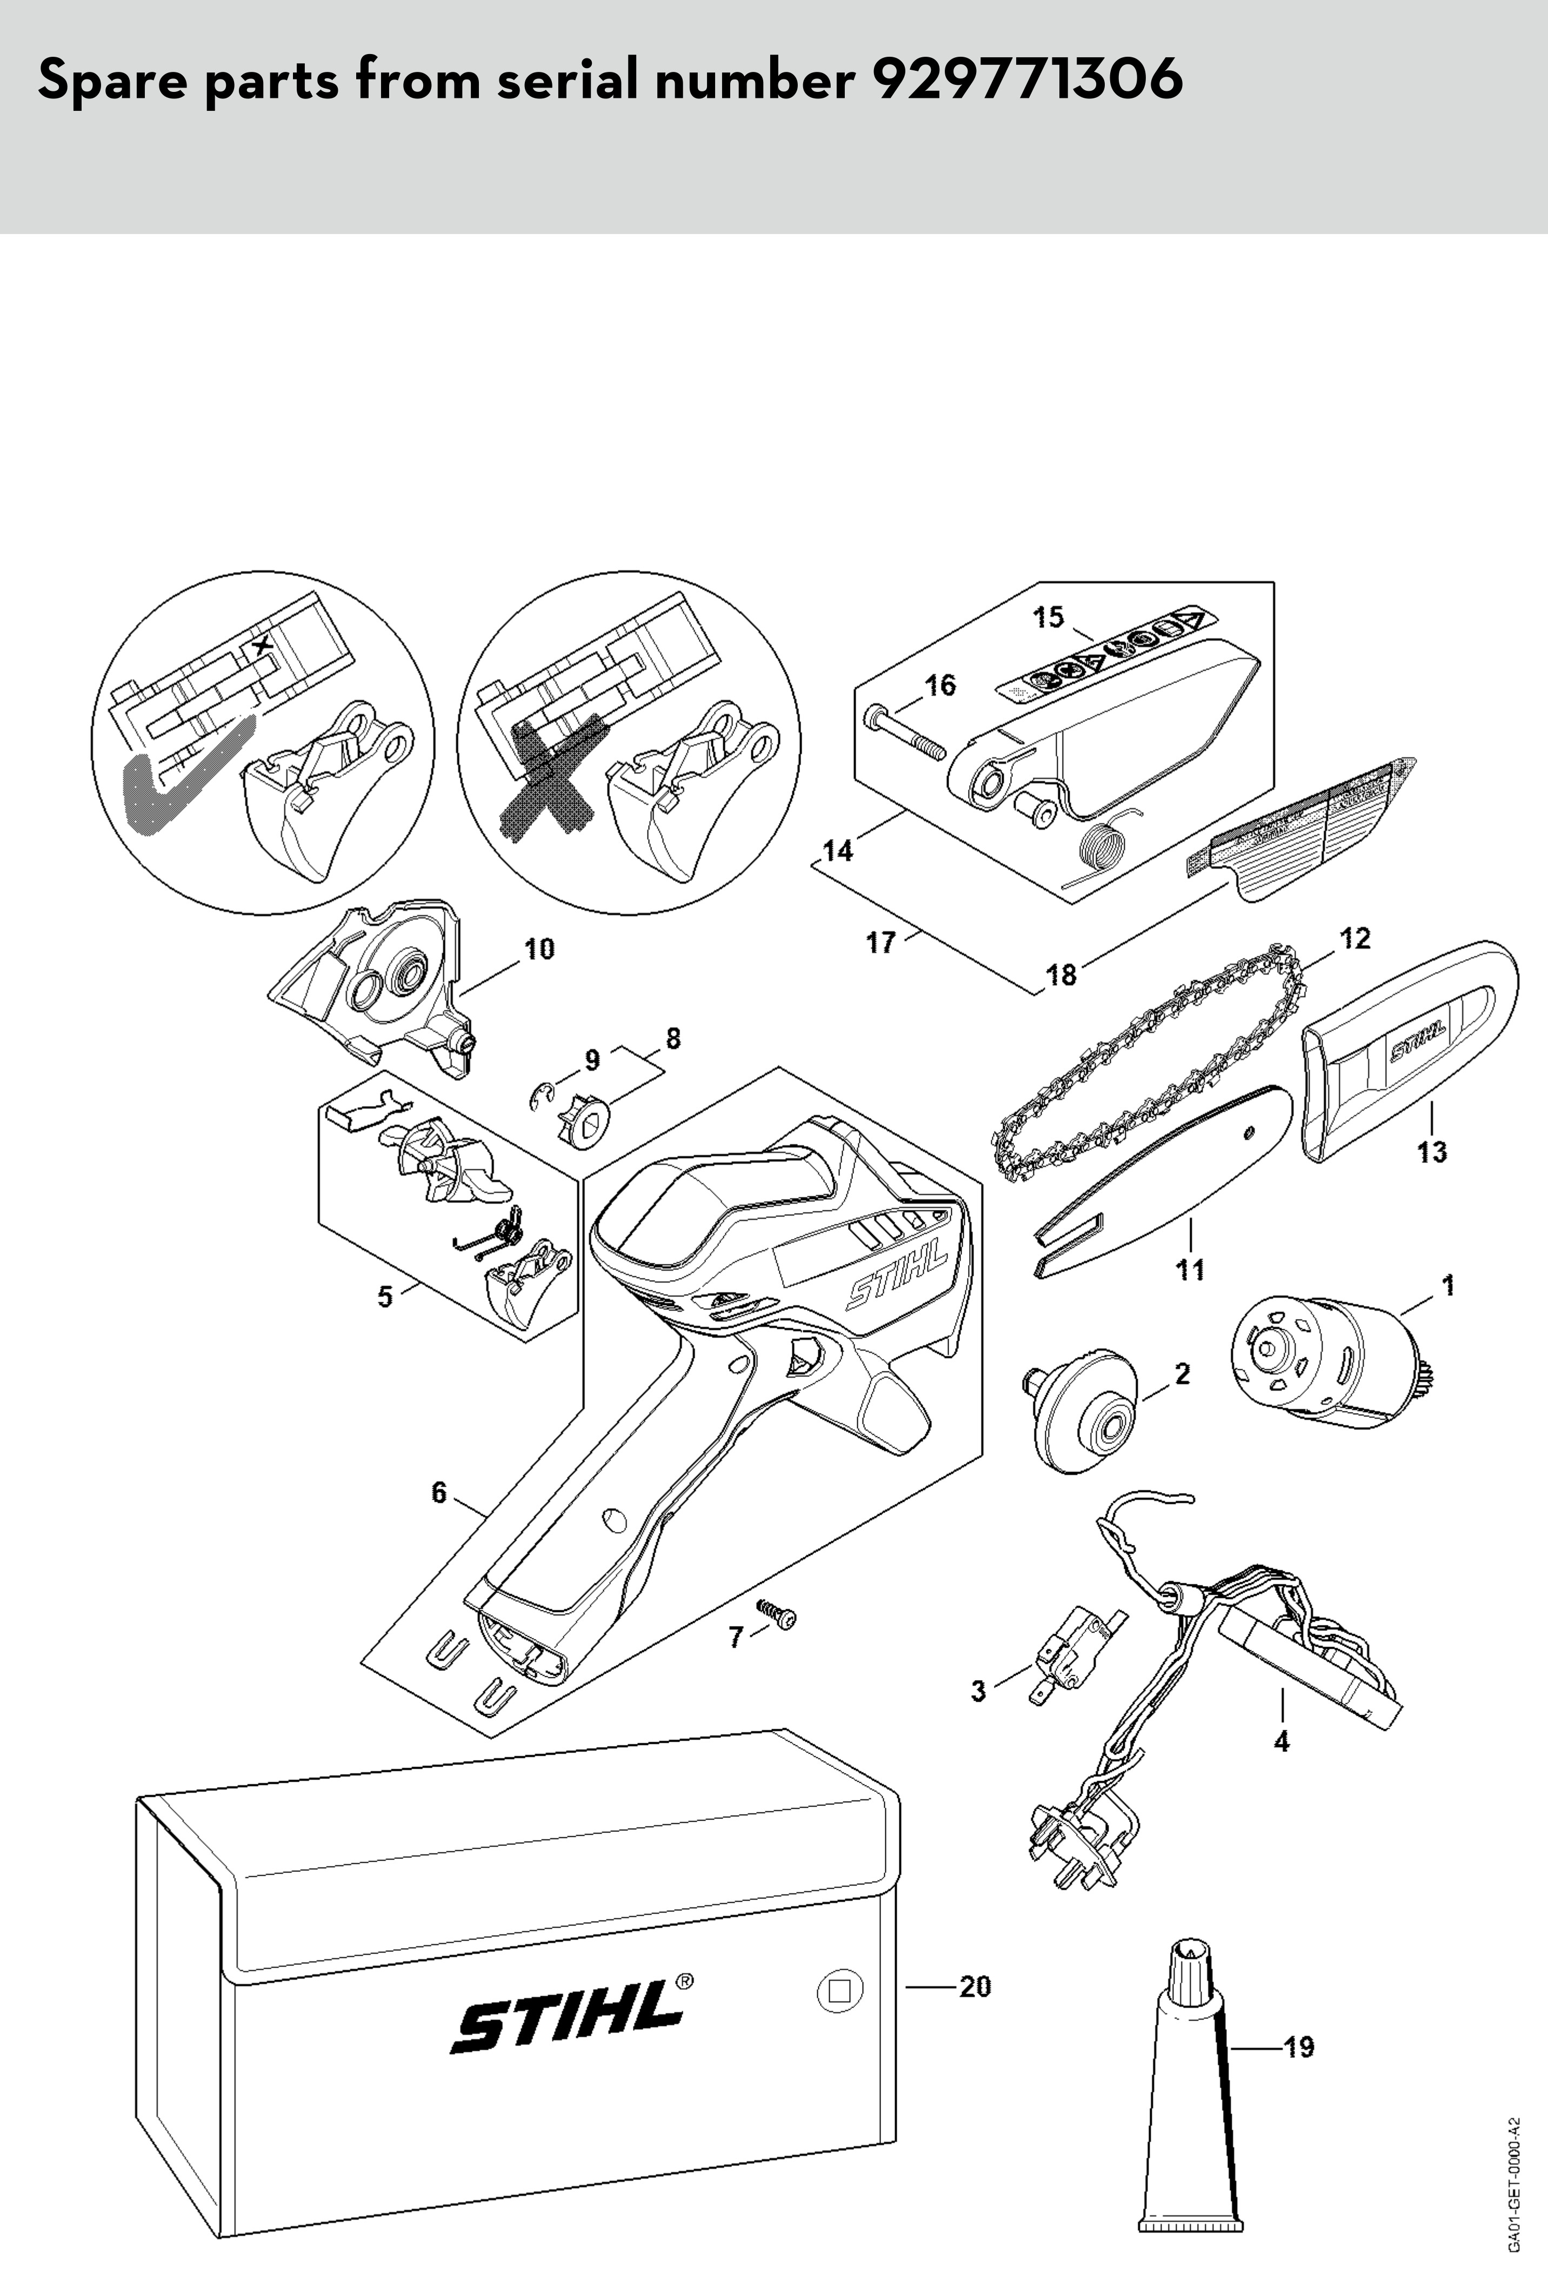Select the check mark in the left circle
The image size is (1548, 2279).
(176, 775)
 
